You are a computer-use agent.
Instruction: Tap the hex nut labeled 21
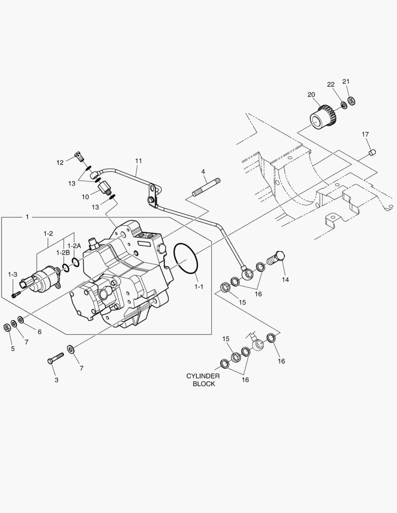pos(352,101)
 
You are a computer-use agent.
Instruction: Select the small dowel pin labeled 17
pos(373,152)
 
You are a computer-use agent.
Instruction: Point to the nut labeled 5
pos(7,327)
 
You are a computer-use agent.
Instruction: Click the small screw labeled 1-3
pos(15,295)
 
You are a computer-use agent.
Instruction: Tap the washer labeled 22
pos(342,104)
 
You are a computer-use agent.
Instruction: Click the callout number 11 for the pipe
pos(138,161)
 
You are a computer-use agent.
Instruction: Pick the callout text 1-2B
pos(63,252)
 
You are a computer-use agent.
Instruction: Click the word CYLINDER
pos(203,376)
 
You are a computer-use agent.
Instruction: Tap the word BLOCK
pos(203,384)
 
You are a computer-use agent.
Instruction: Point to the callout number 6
pos(39,332)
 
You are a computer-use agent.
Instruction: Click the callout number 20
pos(311,95)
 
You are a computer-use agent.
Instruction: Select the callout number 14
pos(285,280)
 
